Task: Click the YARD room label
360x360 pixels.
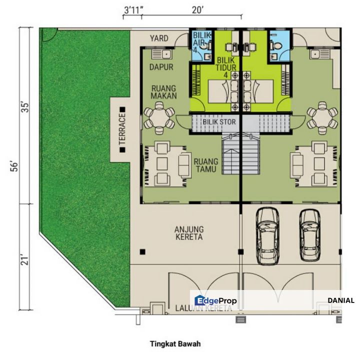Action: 159,38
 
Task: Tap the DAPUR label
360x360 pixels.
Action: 161,67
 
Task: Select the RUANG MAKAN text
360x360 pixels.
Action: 163,92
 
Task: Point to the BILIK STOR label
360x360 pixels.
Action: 219,122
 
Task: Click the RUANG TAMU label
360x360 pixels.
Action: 205,165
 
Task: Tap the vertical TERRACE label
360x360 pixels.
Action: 122,129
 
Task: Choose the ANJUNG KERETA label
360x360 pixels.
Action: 189,233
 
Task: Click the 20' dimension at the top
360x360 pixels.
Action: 197,10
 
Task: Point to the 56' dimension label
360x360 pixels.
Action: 14,166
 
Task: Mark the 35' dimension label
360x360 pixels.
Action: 25,107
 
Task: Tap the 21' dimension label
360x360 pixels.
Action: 25,259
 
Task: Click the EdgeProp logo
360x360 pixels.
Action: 215,300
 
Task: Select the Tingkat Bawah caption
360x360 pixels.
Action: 175,343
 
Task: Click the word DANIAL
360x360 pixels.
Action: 341,300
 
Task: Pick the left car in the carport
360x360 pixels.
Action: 267,236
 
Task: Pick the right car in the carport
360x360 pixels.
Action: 310,235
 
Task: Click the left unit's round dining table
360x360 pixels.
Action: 159,118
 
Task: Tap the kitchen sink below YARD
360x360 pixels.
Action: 161,54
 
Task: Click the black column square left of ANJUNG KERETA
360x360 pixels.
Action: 142,252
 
